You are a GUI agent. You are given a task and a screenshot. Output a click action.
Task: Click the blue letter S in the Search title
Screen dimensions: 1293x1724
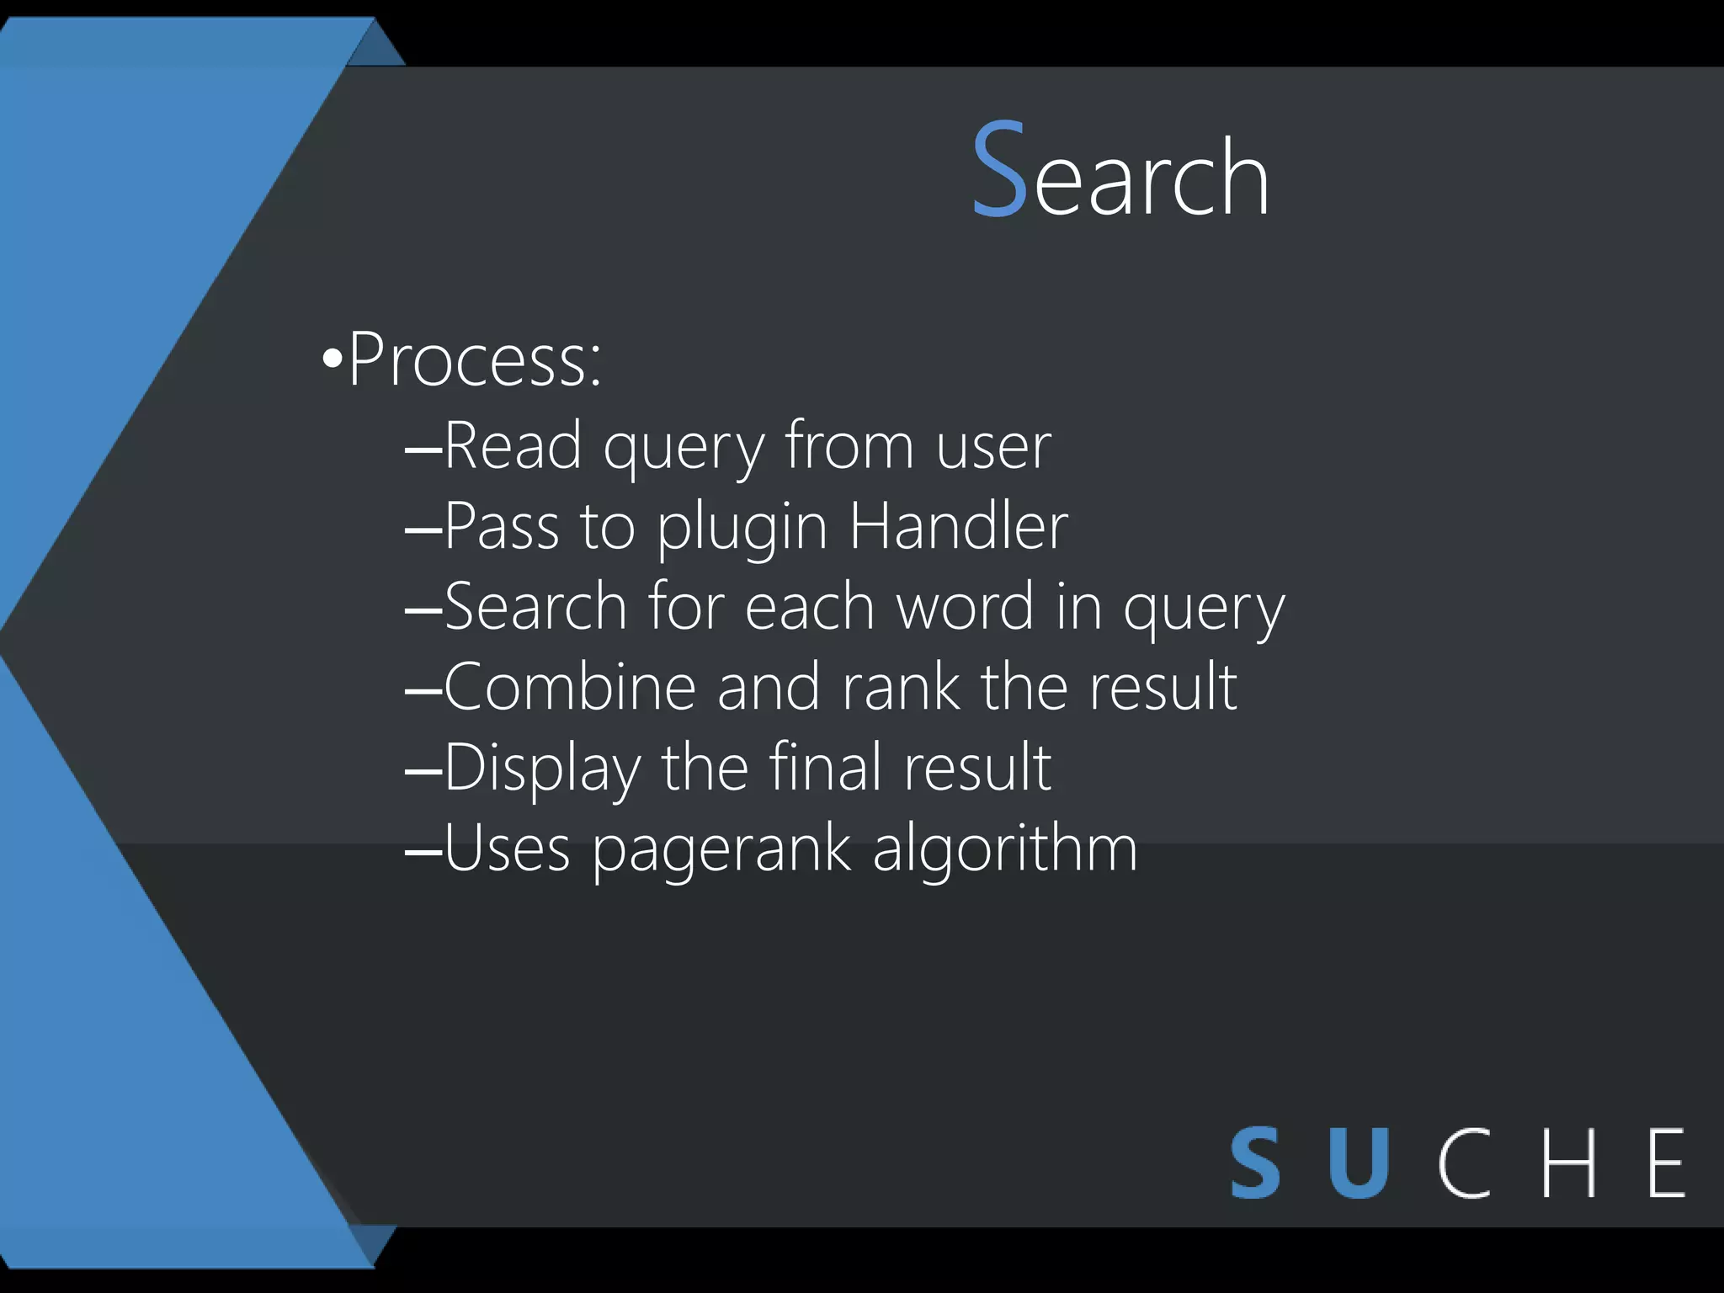pos(999,170)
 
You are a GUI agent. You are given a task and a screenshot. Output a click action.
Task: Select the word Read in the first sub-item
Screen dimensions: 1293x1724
pos(513,445)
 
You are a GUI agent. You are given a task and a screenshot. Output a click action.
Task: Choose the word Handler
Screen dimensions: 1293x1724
pos(958,526)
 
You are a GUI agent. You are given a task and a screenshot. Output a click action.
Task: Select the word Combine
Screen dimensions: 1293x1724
pos(570,687)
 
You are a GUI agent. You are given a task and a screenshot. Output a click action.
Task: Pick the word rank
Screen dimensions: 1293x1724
pos(900,687)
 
